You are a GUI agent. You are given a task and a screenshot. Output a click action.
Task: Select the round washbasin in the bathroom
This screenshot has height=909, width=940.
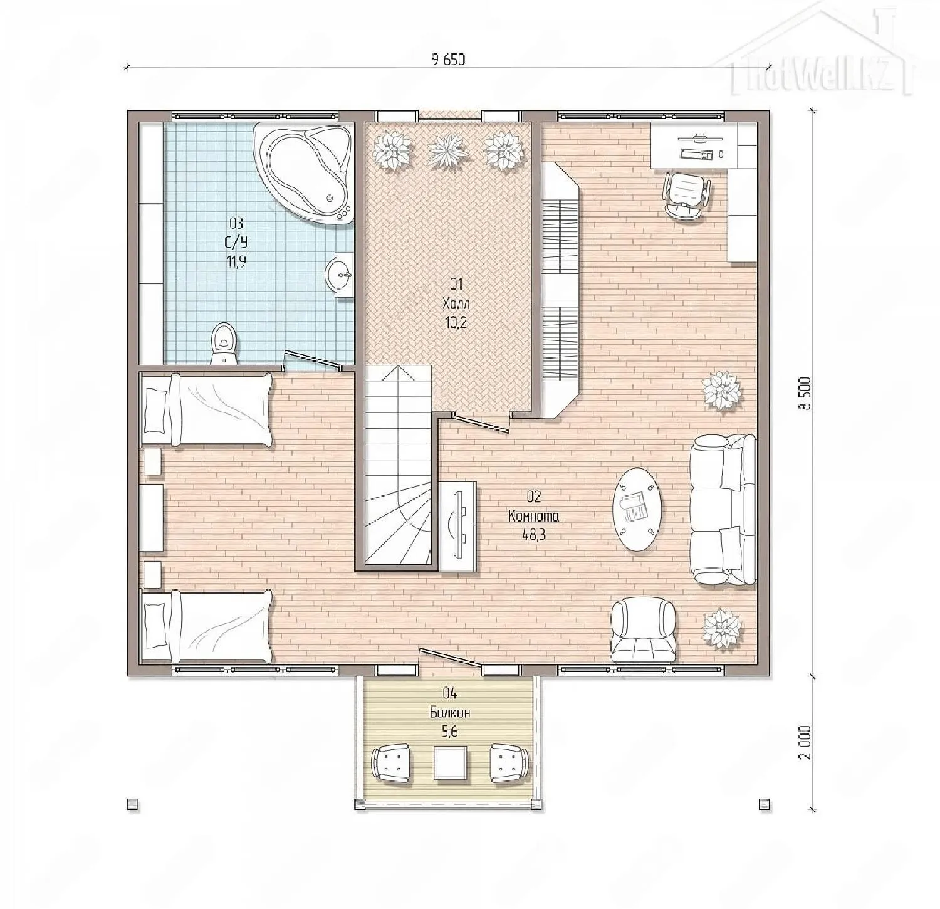[340, 275]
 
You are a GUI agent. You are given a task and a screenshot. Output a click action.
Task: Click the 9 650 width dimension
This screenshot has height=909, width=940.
[449, 60]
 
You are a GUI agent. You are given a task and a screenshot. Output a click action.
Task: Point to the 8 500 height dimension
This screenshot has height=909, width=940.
[804, 393]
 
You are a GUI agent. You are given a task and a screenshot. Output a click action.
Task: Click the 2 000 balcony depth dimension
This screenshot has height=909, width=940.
[805, 742]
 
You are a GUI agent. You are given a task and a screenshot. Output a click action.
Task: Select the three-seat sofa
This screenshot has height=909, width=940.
[723, 510]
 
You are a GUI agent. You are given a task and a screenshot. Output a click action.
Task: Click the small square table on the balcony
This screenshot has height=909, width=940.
[451, 763]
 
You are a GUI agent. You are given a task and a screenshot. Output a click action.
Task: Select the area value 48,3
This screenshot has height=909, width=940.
[533, 535]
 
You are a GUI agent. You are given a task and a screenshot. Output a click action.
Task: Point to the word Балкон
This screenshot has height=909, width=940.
[450, 713]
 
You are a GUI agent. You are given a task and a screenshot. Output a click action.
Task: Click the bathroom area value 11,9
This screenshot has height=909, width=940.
[236, 262]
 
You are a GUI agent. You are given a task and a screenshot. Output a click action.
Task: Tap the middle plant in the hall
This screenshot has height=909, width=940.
[448, 149]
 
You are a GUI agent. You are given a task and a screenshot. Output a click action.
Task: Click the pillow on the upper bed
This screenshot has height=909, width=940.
[156, 409]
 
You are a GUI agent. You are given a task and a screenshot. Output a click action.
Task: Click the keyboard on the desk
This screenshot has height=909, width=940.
[695, 154]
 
